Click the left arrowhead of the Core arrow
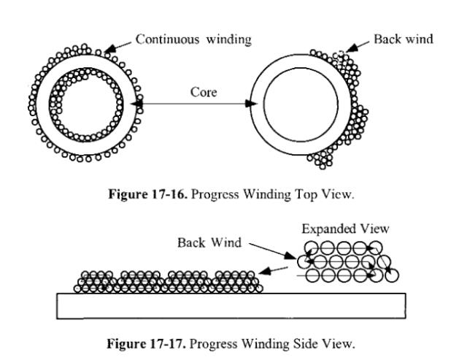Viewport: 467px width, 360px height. coord(138,104)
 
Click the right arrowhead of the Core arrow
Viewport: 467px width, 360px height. coord(253,104)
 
